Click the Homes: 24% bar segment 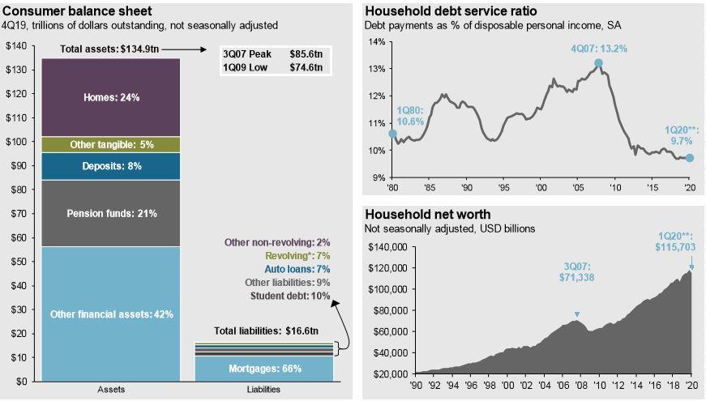[111, 97]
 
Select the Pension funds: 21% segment [111, 213]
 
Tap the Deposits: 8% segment [111, 166]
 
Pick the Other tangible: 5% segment [111, 144]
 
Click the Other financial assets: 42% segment [111, 314]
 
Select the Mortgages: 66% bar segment [264, 369]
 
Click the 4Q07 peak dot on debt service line [598, 63]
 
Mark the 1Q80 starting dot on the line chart [393, 134]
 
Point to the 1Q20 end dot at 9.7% [690, 158]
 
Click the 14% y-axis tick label [377, 41]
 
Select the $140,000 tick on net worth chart [387, 247]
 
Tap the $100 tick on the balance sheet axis [16, 142]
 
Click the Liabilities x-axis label [263, 390]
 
